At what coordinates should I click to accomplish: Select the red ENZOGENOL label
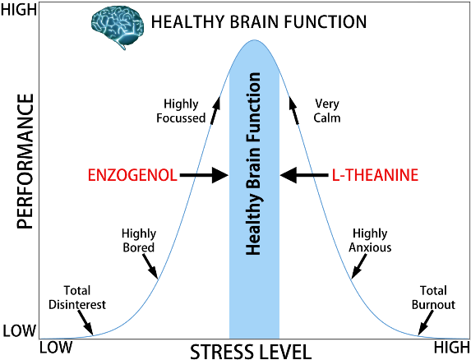132,175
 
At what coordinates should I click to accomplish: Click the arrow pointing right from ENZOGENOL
203,175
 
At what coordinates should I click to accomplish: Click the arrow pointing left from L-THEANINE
303,175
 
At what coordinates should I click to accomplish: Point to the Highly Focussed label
181,111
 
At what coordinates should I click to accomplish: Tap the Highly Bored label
138,241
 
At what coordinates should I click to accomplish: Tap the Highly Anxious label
372,241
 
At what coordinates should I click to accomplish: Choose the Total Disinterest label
85,298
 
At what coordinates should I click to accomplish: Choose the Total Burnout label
433,298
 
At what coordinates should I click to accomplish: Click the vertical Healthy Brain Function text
254,164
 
